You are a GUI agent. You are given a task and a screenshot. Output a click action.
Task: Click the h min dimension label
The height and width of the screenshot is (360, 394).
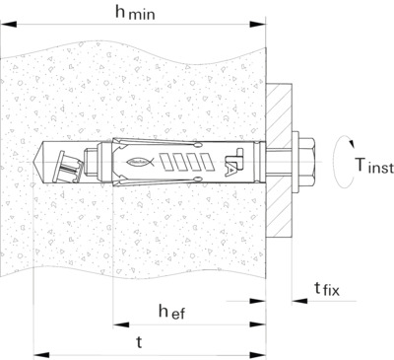click(x=135, y=13)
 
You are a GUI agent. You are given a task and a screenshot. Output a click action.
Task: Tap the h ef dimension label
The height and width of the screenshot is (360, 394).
click(x=171, y=312)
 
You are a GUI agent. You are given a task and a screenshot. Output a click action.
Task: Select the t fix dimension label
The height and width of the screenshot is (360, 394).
click(x=327, y=289)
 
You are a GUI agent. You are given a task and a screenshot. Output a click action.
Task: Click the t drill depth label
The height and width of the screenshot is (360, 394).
click(x=139, y=342)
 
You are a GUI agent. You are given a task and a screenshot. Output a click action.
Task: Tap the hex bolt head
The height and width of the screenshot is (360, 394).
click(x=307, y=163)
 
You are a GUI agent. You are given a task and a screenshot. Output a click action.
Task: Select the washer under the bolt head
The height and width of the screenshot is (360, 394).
click(x=295, y=163)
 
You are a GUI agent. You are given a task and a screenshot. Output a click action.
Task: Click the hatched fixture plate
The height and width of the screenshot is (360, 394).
click(x=279, y=160)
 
